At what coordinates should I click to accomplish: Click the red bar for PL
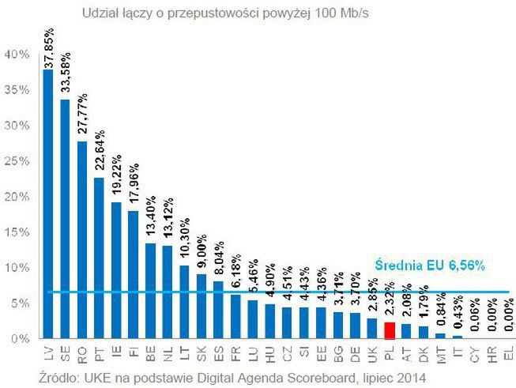388,330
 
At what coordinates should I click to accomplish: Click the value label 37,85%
48,44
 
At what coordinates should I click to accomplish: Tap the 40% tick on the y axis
17,55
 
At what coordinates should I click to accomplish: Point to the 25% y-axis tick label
17,161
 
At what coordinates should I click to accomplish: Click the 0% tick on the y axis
20,339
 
